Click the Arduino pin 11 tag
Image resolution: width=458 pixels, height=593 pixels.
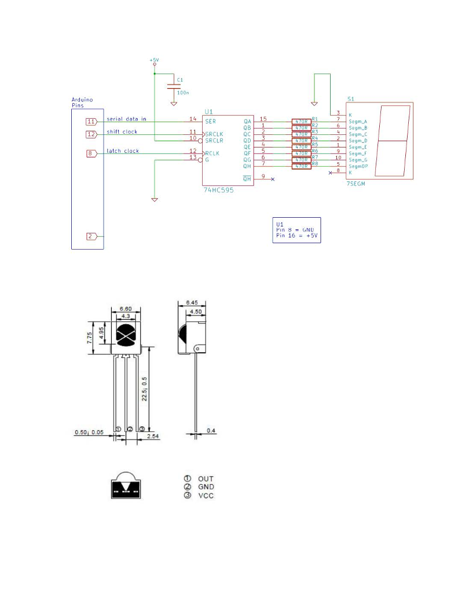91,122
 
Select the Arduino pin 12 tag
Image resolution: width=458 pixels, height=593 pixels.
91,134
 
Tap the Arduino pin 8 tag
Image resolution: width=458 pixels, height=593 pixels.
91,153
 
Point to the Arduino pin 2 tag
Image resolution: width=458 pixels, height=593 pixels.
91,236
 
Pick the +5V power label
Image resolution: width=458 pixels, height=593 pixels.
154,60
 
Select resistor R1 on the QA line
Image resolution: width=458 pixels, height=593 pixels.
301,122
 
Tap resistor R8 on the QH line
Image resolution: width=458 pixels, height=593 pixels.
301,166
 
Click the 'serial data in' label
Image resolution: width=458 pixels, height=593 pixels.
126,119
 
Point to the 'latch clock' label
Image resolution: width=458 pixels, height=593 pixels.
123,151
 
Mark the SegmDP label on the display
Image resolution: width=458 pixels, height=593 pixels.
359,166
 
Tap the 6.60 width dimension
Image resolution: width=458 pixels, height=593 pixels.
126,309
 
